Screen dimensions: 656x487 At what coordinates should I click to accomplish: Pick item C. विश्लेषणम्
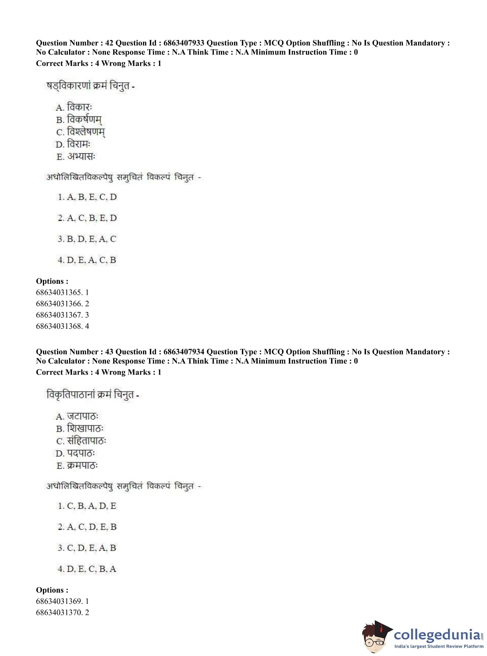(x=80, y=132)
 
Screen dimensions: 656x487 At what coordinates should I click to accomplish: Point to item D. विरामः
(x=73, y=144)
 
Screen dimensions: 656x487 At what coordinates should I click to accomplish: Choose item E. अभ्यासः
(x=76, y=157)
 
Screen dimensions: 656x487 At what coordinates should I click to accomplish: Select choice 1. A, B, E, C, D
(x=87, y=197)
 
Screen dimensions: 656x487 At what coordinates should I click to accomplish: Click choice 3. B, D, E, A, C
(x=87, y=239)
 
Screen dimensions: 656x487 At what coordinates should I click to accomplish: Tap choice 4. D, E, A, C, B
(x=87, y=260)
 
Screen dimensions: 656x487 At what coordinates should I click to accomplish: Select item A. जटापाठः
(x=77, y=416)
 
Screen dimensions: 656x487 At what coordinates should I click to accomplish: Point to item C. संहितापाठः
(x=81, y=441)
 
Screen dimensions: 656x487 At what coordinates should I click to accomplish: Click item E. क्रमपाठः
(x=77, y=466)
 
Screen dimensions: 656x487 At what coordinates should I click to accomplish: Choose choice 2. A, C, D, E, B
(x=87, y=527)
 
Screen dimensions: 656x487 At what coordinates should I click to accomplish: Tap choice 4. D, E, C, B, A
(x=87, y=569)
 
